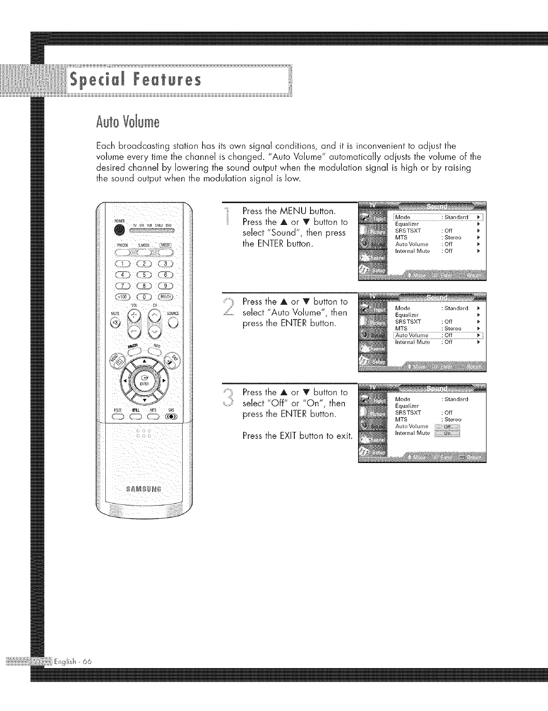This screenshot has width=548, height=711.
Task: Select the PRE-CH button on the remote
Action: pyautogui.click(x=166, y=296)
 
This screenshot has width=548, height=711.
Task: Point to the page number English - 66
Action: pyautogui.click(x=73, y=661)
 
